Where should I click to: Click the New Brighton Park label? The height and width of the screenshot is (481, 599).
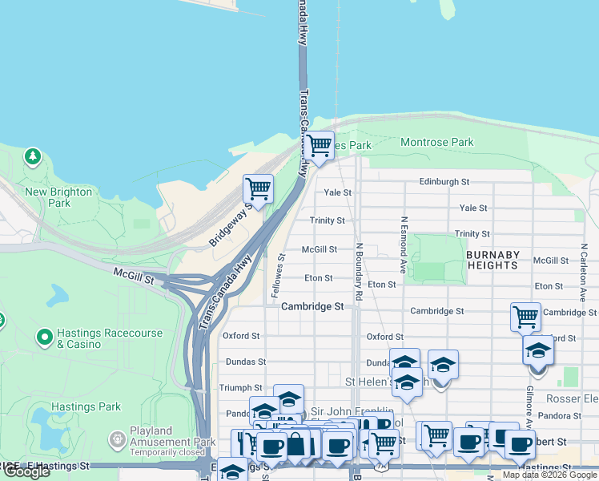tap(58, 197)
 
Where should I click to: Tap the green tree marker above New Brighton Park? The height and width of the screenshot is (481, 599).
tap(33, 155)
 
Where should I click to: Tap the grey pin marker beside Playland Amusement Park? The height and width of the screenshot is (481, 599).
tap(117, 439)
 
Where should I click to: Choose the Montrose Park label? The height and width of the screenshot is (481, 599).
tap(436, 143)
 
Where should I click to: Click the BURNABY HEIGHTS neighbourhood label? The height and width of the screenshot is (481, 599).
tap(492, 260)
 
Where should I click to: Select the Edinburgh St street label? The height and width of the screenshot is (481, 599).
tap(443, 182)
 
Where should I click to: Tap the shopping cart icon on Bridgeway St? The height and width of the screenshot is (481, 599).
tap(258, 190)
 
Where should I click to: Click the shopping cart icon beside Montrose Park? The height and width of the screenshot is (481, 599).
tap(319, 146)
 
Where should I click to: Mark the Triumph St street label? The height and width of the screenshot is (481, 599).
tap(241, 387)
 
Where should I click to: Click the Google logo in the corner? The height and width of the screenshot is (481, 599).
tap(26, 471)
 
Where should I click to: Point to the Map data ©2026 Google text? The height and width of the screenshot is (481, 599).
tap(549, 475)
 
